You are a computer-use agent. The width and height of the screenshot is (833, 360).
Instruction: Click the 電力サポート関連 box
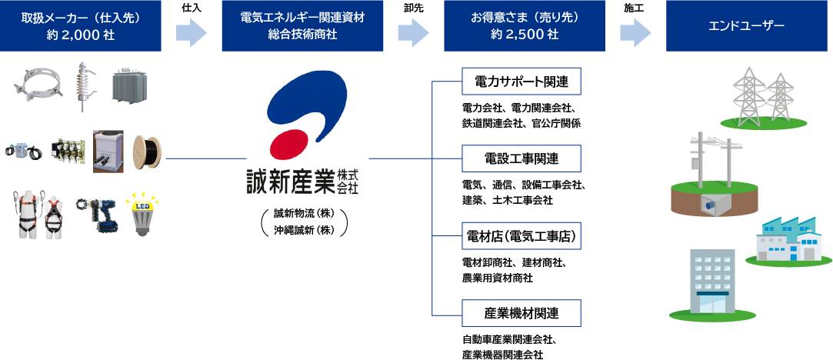521,81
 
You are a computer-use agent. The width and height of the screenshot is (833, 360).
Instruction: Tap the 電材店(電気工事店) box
521,235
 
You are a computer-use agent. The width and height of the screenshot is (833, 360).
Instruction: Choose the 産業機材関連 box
521,313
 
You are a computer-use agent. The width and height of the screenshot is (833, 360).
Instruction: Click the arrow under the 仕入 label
192,33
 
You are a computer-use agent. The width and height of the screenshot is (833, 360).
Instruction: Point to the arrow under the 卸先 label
413,33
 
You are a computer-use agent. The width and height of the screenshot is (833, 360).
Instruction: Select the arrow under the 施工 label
635,33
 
